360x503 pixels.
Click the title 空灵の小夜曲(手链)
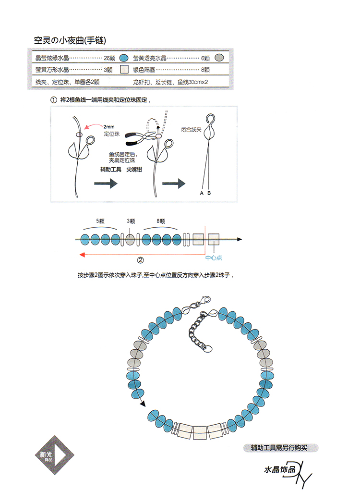70,40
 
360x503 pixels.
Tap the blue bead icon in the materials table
124,58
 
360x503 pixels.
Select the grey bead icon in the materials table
219,58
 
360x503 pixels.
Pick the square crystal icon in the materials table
124,69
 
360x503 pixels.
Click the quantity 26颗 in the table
109,58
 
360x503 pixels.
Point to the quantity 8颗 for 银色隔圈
205,70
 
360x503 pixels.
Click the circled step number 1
54,100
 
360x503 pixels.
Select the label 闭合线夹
191,130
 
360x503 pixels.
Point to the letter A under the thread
202,193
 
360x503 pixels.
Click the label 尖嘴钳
134,170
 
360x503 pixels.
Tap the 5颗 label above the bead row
100,221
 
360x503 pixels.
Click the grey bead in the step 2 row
130,239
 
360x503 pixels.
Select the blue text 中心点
214,258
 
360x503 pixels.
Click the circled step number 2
141,260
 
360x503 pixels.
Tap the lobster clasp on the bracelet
204,301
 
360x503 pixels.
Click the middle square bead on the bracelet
199,433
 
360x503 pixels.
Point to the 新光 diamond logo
55,454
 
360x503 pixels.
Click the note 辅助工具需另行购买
279,448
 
